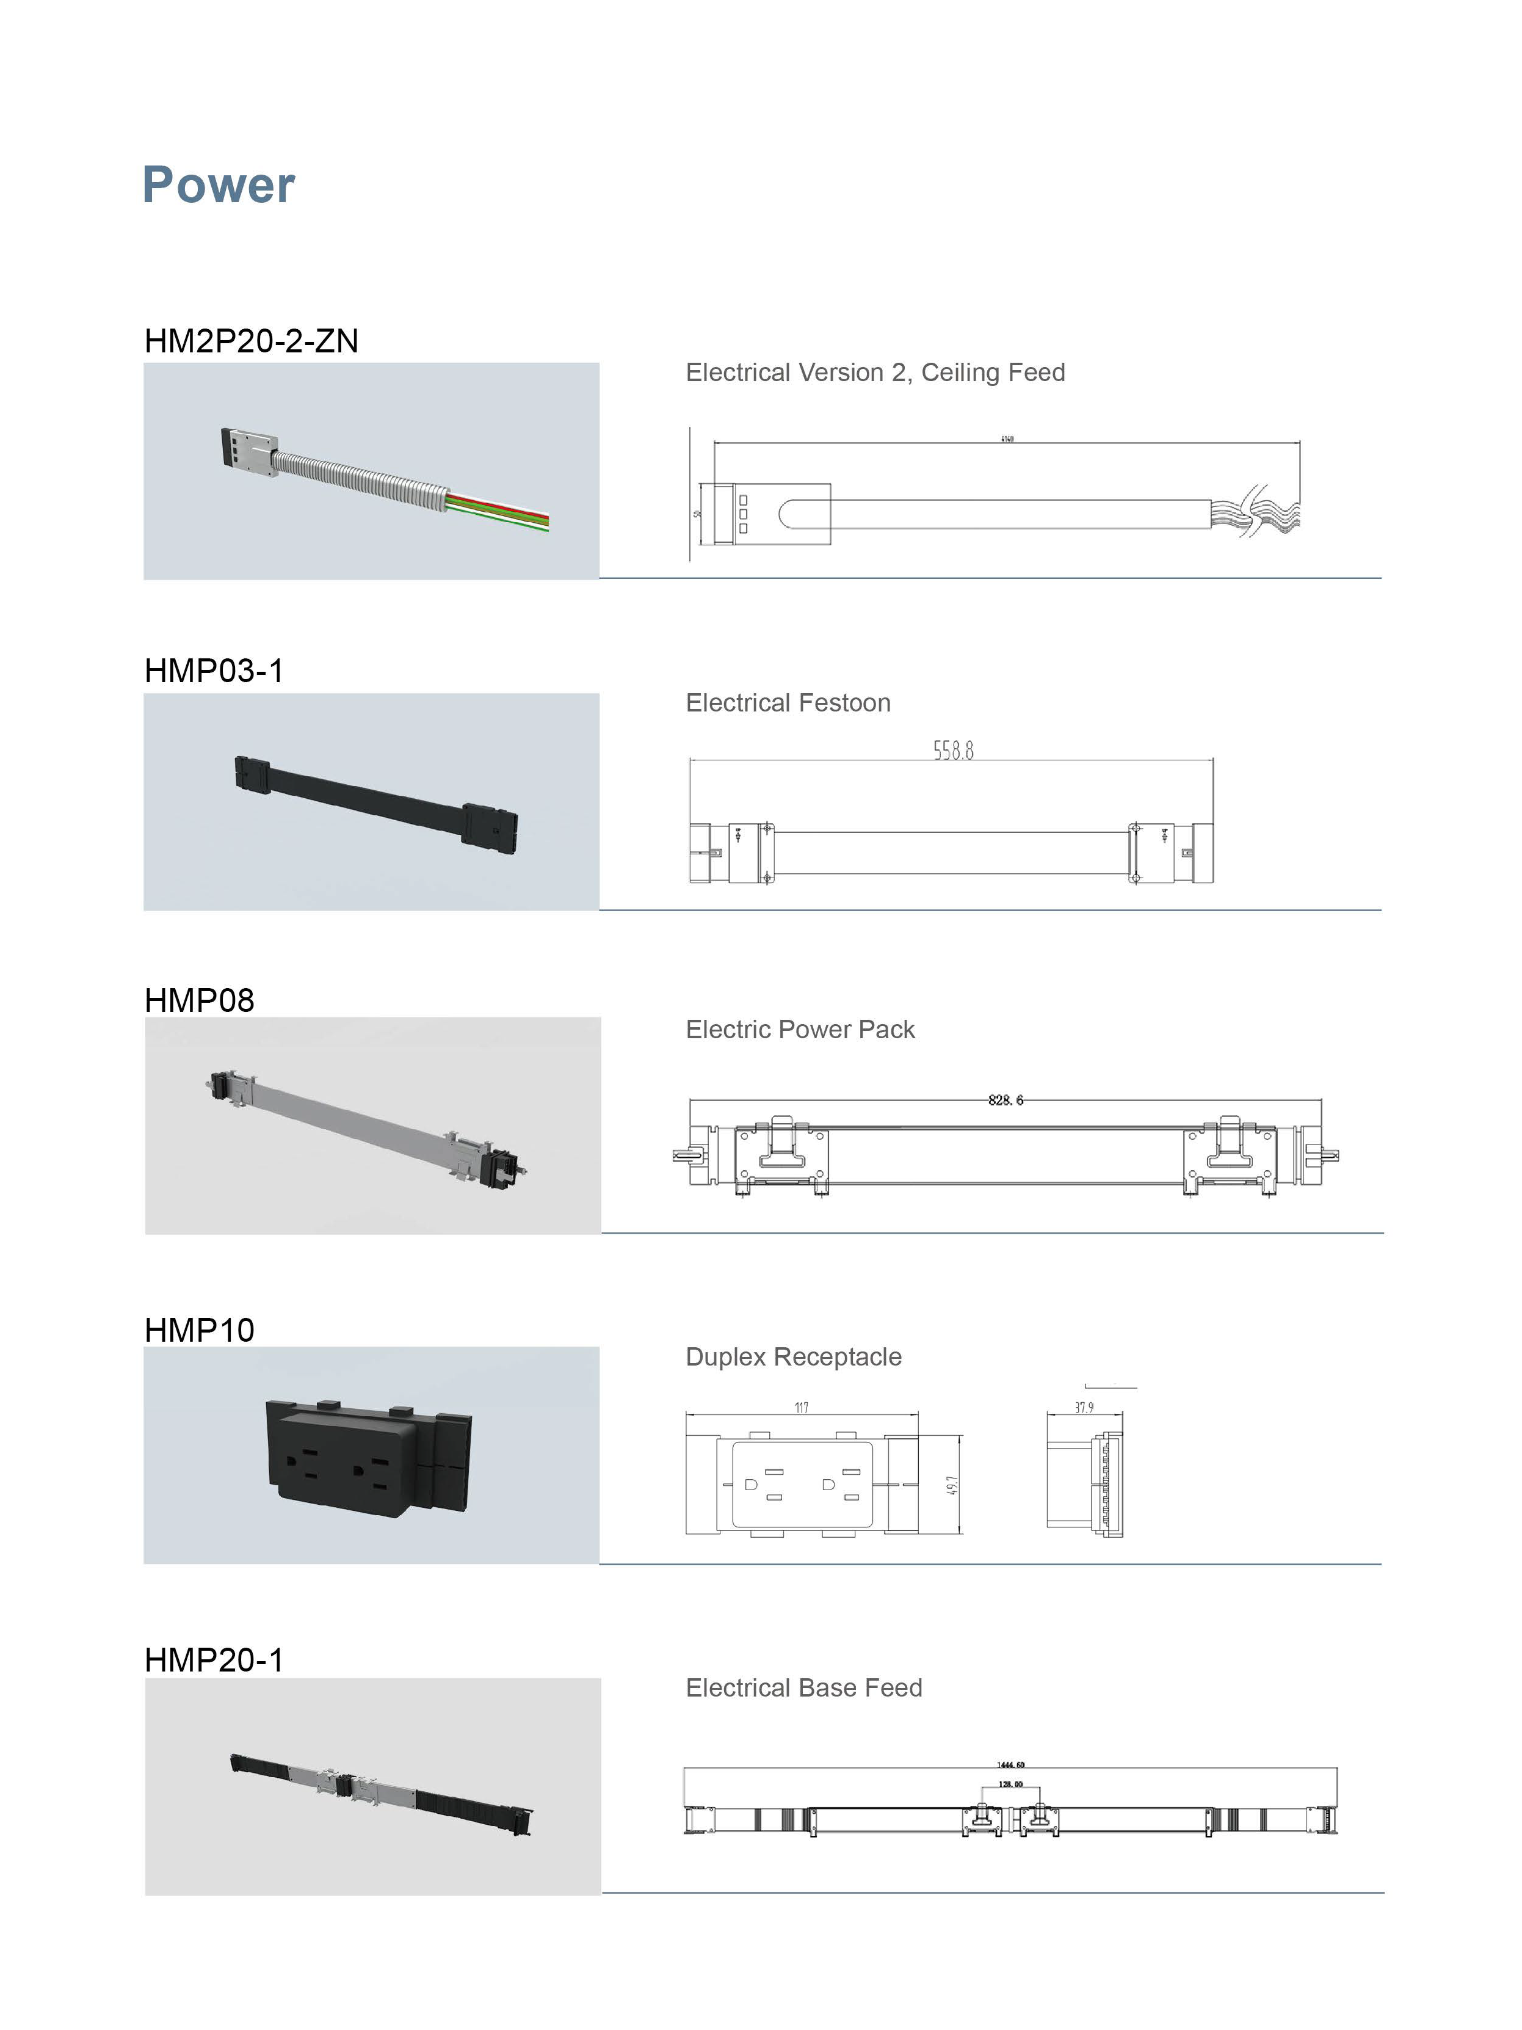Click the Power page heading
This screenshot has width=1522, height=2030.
[x=219, y=186]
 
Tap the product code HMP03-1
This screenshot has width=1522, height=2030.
[x=214, y=671]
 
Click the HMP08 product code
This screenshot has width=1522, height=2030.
[x=199, y=1000]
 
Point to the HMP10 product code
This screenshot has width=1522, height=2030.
[x=199, y=1330]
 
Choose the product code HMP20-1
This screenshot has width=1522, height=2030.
[x=214, y=1659]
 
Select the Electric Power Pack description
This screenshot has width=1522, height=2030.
[x=799, y=1030]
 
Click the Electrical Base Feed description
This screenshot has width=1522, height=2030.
[x=803, y=1687]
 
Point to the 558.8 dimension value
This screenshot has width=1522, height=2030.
[x=953, y=751]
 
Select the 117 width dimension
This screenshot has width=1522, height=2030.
[x=801, y=1408]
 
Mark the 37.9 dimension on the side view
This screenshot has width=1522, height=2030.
[x=1084, y=1408]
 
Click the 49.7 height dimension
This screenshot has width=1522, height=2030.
[x=952, y=1485]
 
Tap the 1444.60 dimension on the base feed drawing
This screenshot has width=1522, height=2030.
[x=1010, y=1765]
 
